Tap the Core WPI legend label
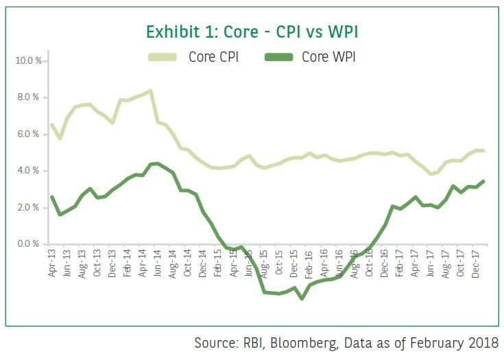click(329, 57)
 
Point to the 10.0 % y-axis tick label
click(29, 61)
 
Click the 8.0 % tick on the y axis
click(30, 97)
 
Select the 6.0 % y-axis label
click(30, 134)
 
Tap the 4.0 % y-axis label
click(30, 171)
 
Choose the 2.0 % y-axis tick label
click(30, 208)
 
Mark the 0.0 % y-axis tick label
click(30, 244)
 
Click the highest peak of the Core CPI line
click(150, 91)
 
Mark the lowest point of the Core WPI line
click(302, 298)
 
